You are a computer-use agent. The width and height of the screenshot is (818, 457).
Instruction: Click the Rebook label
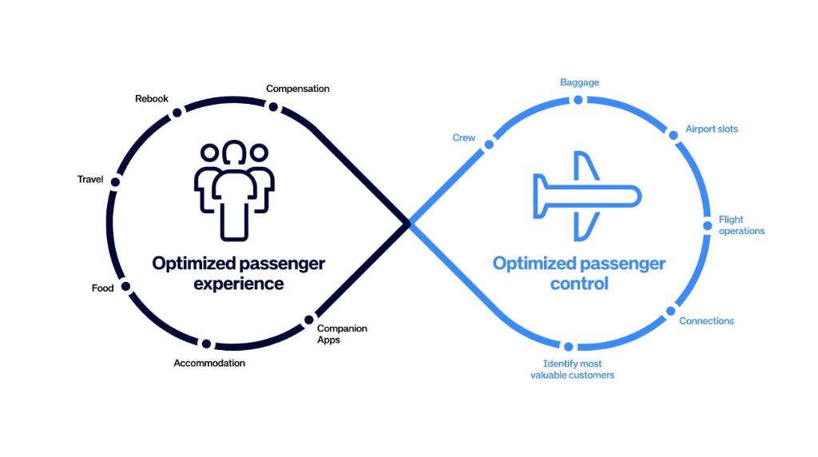(x=152, y=98)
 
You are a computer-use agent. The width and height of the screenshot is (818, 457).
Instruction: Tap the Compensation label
(x=297, y=89)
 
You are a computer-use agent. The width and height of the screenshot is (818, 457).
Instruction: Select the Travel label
(x=90, y=179)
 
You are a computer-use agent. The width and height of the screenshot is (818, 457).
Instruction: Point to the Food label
(x=103, y=288)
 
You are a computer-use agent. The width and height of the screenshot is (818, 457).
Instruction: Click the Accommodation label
(x=209, y=363)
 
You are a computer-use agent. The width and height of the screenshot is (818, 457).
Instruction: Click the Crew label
(x=464, y=137)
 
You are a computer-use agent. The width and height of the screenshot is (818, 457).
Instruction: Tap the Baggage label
(x=579, y=82)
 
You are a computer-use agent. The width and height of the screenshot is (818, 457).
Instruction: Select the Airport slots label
(x=712, y=129)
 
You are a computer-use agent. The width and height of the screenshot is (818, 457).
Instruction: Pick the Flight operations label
(x=741, y=225)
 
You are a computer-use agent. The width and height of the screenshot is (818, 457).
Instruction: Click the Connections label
(x=706, y=321)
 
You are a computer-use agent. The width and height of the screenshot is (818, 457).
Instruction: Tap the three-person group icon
(x=234, y=189)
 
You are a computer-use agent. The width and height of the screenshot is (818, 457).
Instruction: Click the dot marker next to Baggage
(x=578, y=100)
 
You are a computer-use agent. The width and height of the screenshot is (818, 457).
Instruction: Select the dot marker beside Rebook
(x=177, y=113)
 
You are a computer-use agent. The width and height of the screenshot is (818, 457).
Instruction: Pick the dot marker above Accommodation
(x=206, y=344)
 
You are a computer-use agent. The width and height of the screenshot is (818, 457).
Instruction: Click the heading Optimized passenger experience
(x=239, y=273)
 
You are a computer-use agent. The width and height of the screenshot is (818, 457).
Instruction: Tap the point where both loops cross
(x=408, y=224)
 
